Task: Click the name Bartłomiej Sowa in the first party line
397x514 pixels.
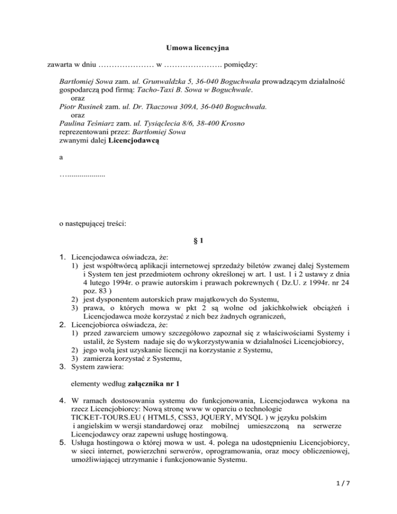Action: pos(86,82)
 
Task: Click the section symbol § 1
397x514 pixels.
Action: pos(198,240)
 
